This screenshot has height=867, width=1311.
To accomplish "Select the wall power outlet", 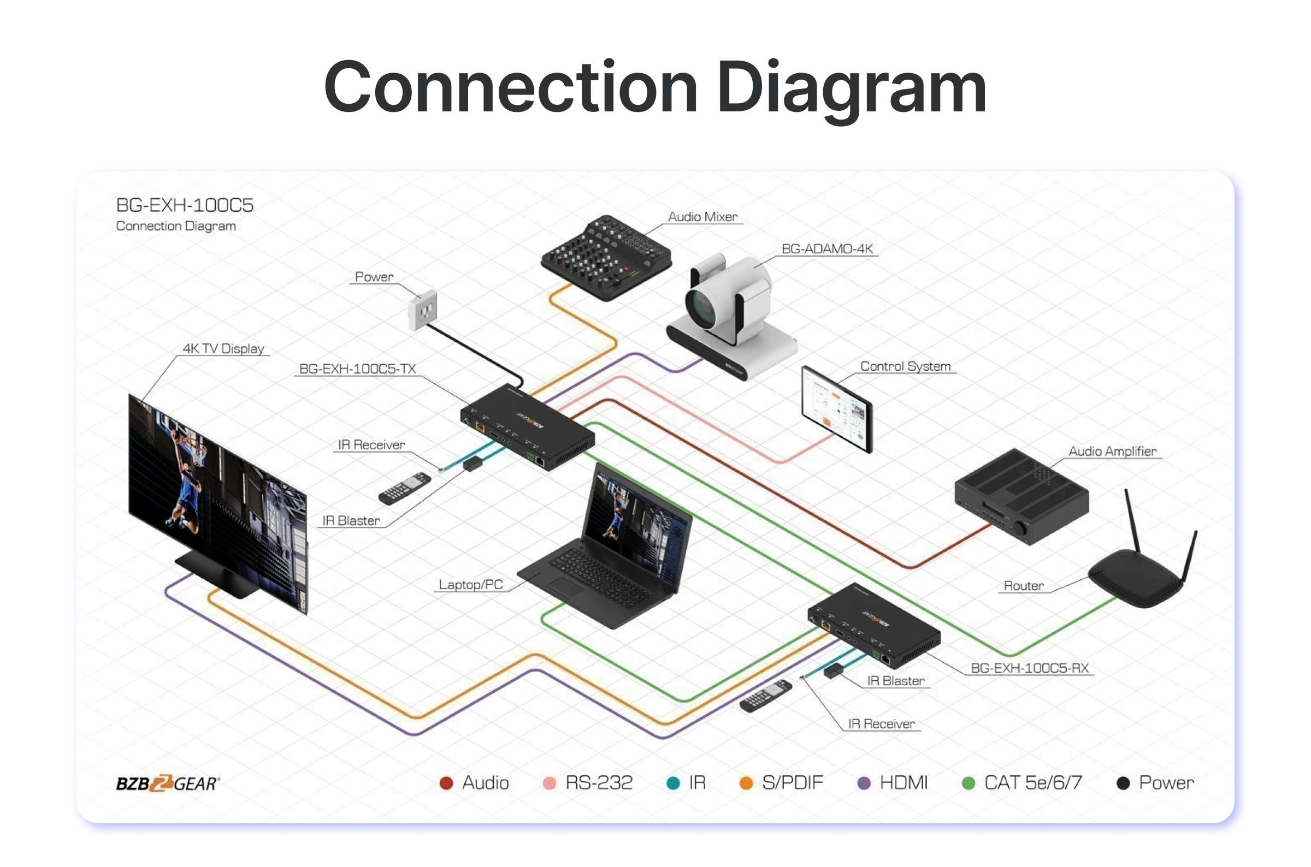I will click(x=423, y=311).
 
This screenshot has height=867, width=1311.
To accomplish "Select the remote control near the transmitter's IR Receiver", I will click(x=404, y=488).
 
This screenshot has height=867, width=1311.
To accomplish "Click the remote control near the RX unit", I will click(x=766, y=696).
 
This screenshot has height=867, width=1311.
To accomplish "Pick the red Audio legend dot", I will click(x=446, y=783).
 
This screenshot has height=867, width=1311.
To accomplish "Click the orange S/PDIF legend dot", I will click(x=746, y=783).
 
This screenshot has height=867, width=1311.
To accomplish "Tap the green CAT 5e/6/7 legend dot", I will click(x=968, y=783).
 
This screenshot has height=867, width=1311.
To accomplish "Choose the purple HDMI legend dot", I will click(x=864, y=783).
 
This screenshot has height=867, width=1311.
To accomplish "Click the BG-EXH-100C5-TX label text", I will click(x=357, y=369).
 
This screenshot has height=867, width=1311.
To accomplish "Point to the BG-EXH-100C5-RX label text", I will click(x=1030, y=668).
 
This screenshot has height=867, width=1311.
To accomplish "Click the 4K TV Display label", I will click(x=223, y=348).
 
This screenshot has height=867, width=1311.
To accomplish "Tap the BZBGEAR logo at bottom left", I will click(x=168, y=783).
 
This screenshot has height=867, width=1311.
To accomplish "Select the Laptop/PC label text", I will click(x=471, y=584).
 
